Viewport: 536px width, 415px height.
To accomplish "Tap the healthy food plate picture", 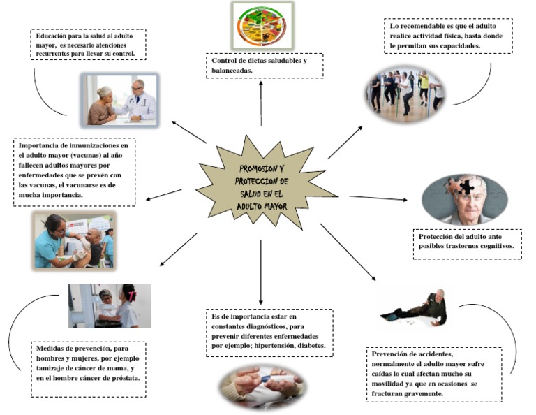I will click(262, 26).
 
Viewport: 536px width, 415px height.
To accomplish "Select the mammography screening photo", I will click(110, 305).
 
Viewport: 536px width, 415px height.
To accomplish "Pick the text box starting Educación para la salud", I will click(87, 44).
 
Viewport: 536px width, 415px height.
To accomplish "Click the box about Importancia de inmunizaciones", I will click(75, 171).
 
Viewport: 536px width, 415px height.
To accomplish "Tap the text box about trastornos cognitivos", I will click(467, 241).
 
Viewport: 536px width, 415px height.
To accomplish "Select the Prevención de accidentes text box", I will click(434, 374).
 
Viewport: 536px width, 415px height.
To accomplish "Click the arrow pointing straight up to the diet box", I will click(262, 101).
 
